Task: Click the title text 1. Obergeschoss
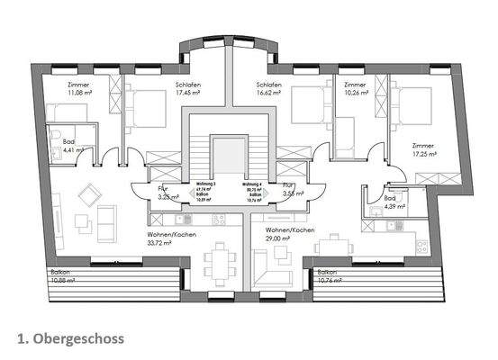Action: pyautogui.click(x=69, y=338)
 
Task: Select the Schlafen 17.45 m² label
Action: pyautogui.click(x=188, y=89)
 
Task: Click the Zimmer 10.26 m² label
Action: pyautogui.click(x=354, y=89)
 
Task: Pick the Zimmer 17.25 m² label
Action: pyautogui.click(x=423, y=148)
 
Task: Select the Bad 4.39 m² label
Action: pyautogui.click(x=393, y=202)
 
